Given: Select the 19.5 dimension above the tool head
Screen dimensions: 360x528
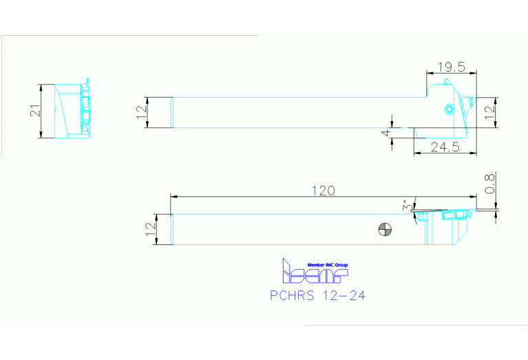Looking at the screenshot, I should point(452,67).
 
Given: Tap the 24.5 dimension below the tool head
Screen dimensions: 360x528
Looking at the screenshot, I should point(444,147).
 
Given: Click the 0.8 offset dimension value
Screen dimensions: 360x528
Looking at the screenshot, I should point(489,186).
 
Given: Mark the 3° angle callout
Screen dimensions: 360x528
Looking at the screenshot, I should point(408,206).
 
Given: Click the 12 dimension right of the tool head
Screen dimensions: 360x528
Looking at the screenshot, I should point(489,111).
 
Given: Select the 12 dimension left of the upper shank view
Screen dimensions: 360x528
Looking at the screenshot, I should point(142,112).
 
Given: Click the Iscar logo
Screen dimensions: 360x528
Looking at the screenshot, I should point(315,273).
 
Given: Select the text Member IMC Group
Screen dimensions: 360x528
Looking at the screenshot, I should point(328,265).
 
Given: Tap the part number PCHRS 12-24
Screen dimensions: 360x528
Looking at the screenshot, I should point(317,296).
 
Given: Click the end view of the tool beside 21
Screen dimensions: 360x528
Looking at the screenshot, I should point(73,111).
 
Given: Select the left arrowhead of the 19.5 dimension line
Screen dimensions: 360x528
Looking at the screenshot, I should point(430,72).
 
